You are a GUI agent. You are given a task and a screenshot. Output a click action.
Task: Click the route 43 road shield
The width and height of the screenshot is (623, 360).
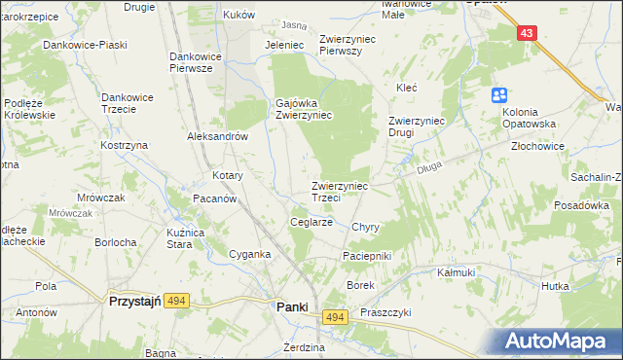pyautogui.click(x=527, y=33)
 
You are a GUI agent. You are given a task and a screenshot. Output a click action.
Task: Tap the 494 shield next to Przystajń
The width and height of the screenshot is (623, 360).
pyautogui.click(x=176, y=302)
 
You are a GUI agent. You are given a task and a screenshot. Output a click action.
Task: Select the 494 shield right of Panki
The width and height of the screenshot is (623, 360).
pyautogui.click(x=336, y=318)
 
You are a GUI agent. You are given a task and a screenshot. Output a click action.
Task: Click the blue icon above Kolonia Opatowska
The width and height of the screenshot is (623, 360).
pyautogui.click(x=498, y=95)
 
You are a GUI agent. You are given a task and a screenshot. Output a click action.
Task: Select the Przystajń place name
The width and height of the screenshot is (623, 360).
pyautogui.click(x=132, y=302)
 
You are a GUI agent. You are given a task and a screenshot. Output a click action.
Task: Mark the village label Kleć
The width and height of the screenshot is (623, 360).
pyautogui.click(x=406, y=88)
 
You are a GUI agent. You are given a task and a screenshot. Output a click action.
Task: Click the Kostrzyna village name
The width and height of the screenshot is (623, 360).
pyautogui.click(x=124, y=145)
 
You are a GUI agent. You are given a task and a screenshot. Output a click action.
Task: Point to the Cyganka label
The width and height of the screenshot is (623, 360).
pyautogui.click(x=249, y=254)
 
